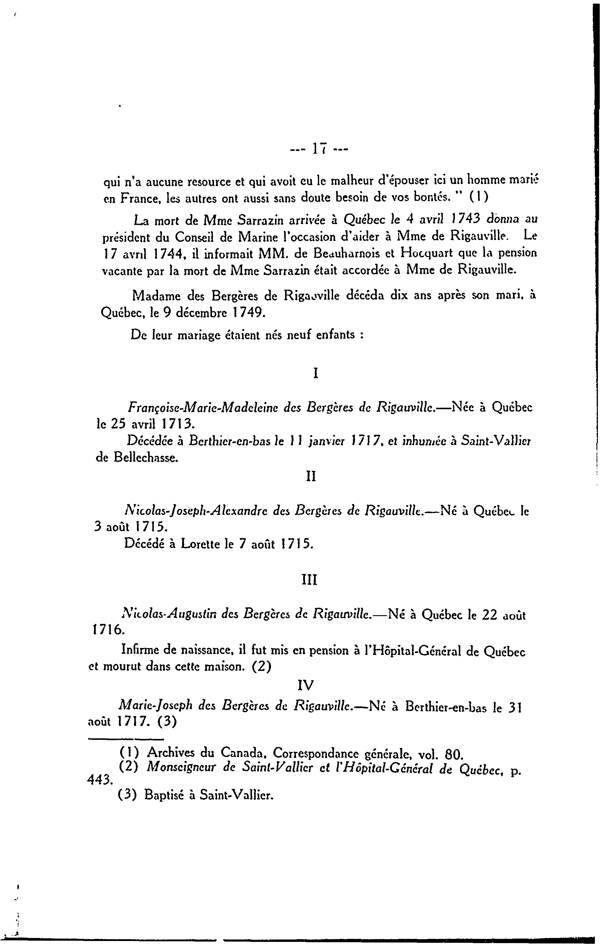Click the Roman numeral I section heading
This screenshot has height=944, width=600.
(316, 372)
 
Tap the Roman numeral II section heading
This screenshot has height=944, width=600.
(311, 476)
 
